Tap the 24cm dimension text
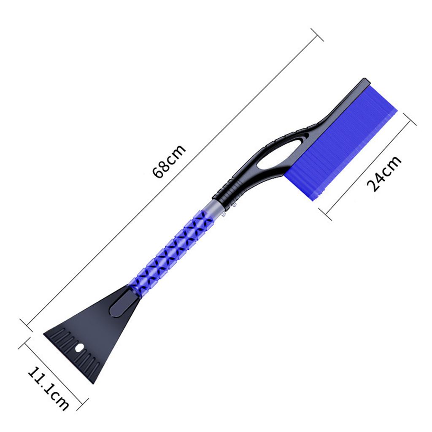tap(383, 173)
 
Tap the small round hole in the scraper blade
tap(78, 349)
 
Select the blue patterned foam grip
tap(173, 249)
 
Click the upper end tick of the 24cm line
tap(410, 119)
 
